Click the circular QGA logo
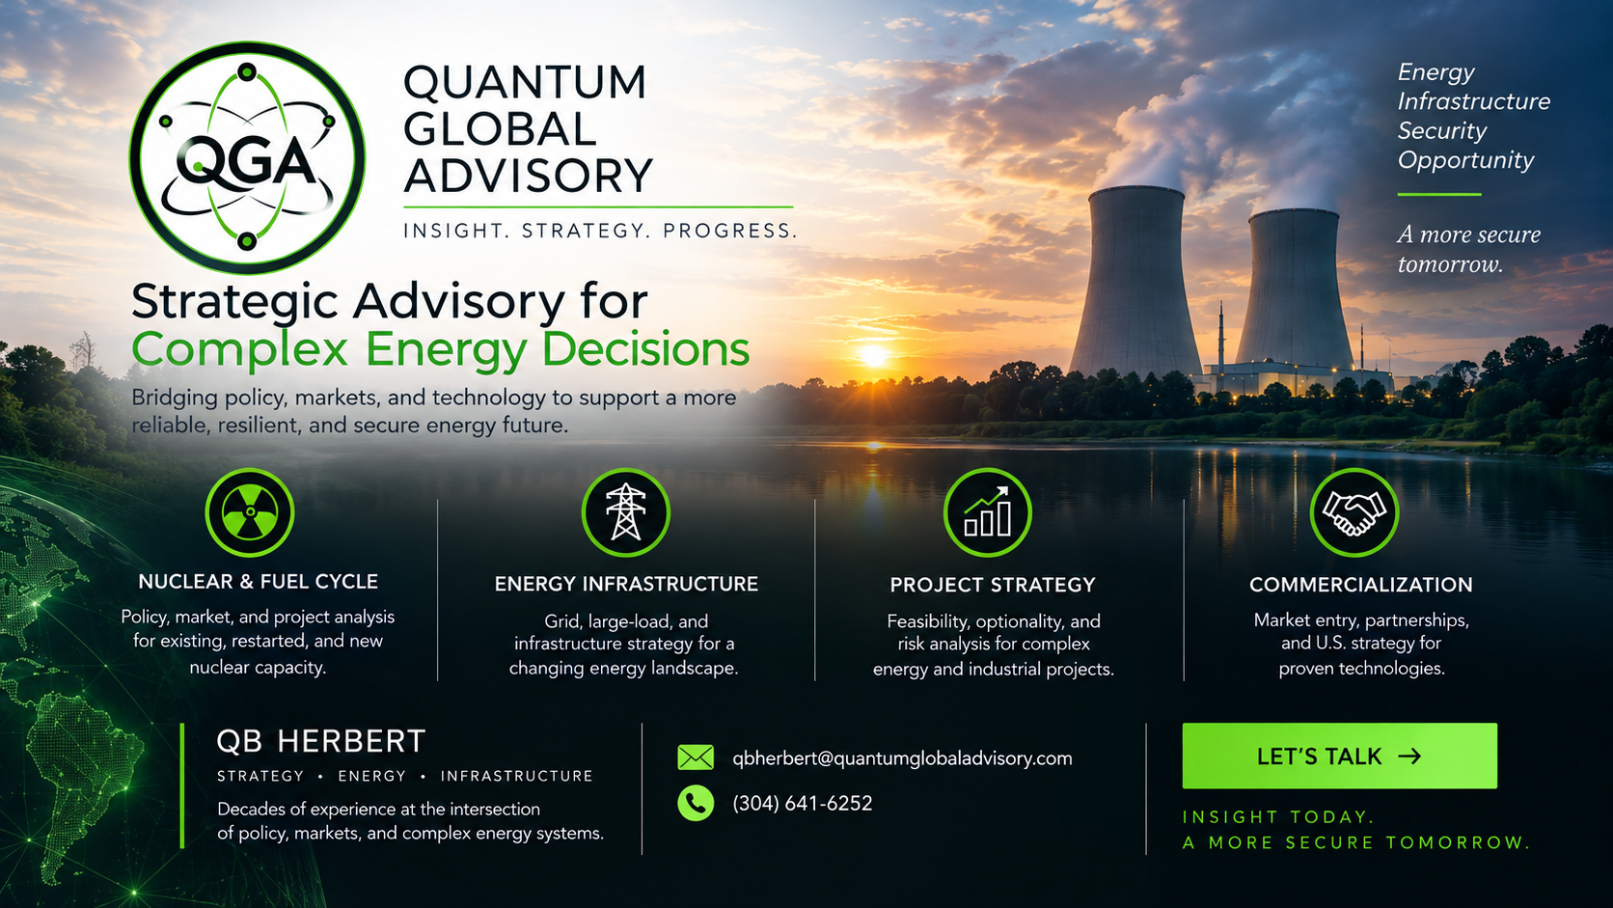(x=247, y=157)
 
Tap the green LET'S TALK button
(x=1339, y=756)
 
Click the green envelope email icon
(x=696, y=757)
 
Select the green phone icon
(x=696, y=803)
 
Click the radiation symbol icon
(x=250, y=512)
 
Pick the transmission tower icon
(x=626, y=512)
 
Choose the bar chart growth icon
(x=988, y=512)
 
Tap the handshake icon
(x=1354, y=512)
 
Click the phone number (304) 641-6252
(x=803, y=804)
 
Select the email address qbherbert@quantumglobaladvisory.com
(x=902, y=758)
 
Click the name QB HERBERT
(x=321, y=742)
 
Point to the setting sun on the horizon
(x=874, y=355)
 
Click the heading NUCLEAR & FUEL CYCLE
(x=258, y=582)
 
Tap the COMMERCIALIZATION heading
(x=1361, y=585)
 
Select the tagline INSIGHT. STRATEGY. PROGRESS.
(x=601, y=232)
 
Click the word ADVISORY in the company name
(x=528, y=176)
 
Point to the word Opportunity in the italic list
(x=1465, y=161)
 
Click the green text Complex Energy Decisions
(x=441, y=350)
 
